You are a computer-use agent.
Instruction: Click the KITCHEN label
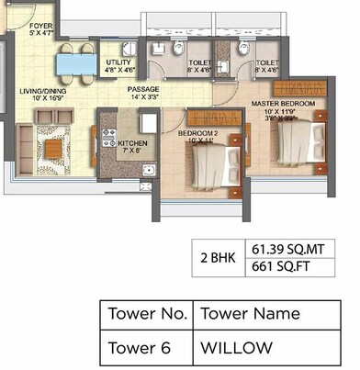133,145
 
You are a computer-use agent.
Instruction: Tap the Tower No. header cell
147,314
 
